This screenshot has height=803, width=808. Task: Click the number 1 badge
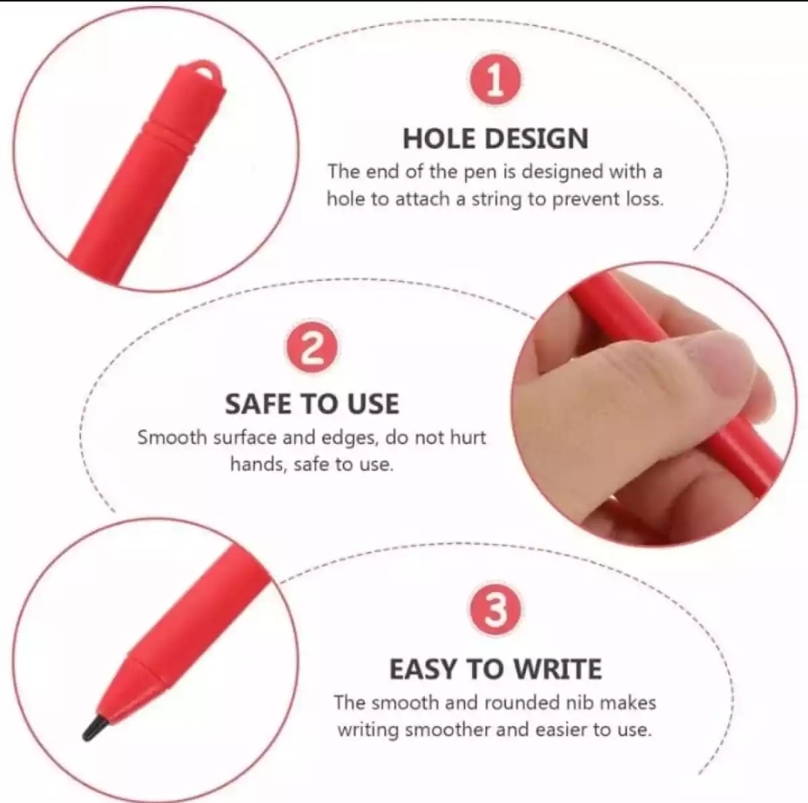(495, 80)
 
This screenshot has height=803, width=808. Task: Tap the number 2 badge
(312, 347)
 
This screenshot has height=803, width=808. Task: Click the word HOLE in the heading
(440, 138)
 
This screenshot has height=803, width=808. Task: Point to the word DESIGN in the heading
(536, 138)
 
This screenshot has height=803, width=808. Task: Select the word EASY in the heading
(423, 669)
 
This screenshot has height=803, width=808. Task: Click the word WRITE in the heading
(558, 669)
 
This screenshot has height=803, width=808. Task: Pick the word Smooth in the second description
(171, 437)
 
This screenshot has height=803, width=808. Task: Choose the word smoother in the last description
(448, 730)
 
